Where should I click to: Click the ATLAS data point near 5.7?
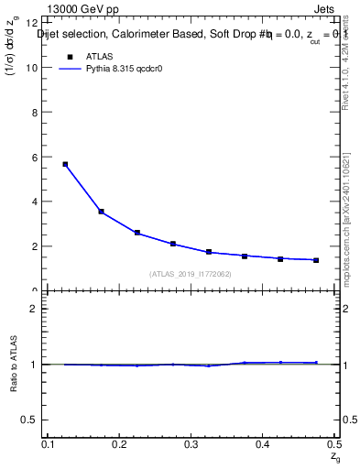coord(65,164)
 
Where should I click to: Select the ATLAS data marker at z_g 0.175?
coord(101,212)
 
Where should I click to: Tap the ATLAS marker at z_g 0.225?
coord(137,233)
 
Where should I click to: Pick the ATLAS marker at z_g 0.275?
coord(173,244)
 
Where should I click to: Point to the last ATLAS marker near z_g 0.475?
coord(316,260)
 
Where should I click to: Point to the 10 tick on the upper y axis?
coord(35,68)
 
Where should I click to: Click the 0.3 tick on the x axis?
coord(191,443)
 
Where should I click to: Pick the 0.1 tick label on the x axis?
coord(48,443)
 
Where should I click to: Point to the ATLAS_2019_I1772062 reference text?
coord(191,274)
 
